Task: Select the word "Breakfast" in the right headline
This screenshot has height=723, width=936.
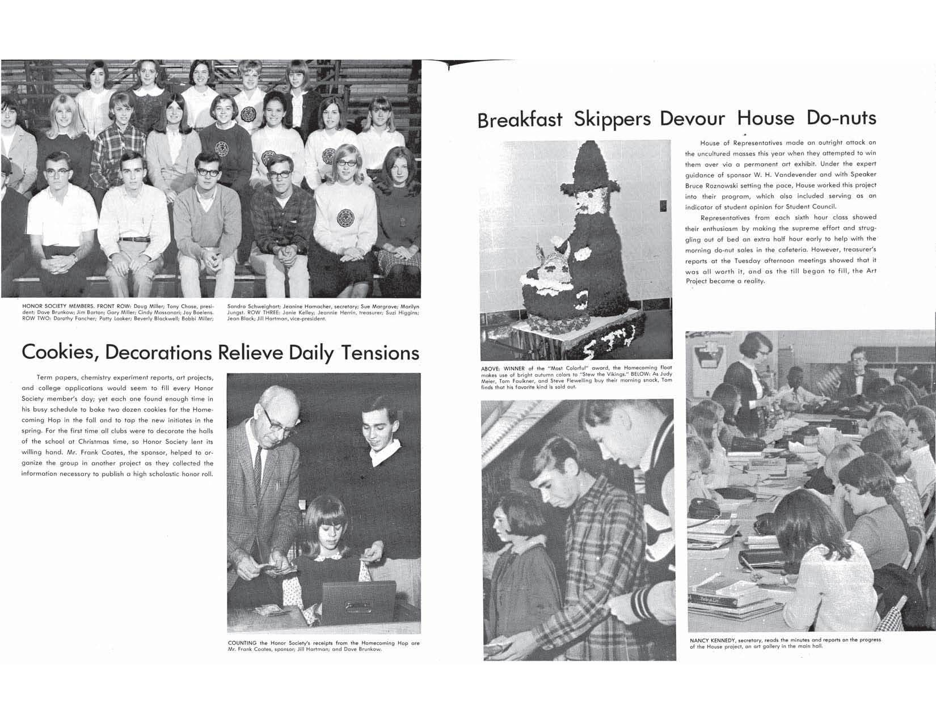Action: pyautogui.click(x=520, y=120)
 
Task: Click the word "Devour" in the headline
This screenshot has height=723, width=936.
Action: pyautogui.click(x=692, y=119)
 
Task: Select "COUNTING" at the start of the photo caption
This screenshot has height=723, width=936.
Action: pyautogui.click(x=243, y=643)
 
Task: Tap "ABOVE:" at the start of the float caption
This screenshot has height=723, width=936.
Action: pyautogui.click(x=490, y=368)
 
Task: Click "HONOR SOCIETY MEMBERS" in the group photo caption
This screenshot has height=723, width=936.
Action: pyautogui.click(x=54, y=306)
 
